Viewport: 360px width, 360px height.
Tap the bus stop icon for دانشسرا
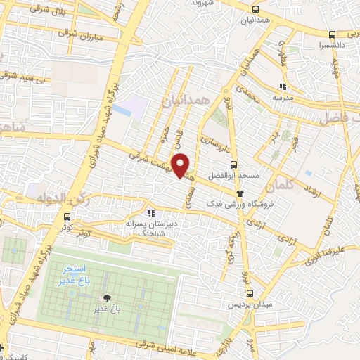(331, 34)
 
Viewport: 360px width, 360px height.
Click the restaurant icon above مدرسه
(281, 87)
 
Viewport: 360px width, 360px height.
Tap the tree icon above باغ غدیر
(107, 298)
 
